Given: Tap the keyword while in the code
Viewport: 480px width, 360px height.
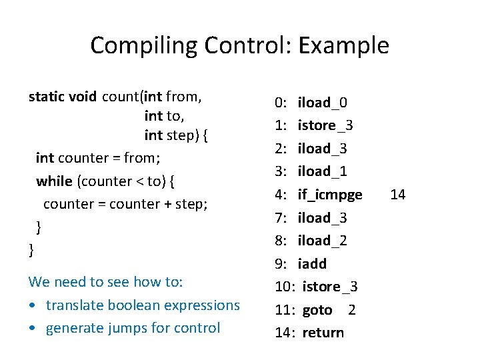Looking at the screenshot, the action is [x=55, y=181].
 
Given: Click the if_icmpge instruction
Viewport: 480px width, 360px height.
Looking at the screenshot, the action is [x=330, y=195].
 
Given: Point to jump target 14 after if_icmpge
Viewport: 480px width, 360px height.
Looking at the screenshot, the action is [x=398, y=195].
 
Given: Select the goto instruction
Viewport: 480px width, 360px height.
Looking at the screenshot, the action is [x=317, y=310].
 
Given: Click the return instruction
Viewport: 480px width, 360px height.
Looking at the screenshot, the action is [x=323, y=333].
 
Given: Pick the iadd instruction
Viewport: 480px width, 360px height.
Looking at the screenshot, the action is [x=312, y=264].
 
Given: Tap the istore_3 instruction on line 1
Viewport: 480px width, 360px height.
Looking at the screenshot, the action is [x=325, y=125].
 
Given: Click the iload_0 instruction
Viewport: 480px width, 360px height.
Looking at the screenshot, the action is [x=323, y=103].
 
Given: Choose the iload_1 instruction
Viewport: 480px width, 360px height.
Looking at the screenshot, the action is [x=323, y=171].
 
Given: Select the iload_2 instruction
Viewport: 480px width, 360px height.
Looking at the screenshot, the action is [x=323, y=241].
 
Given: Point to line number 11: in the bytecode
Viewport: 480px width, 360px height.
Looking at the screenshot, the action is [x=285, y=310].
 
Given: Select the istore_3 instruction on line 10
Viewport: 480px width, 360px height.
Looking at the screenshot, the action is [x=330, y=287].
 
